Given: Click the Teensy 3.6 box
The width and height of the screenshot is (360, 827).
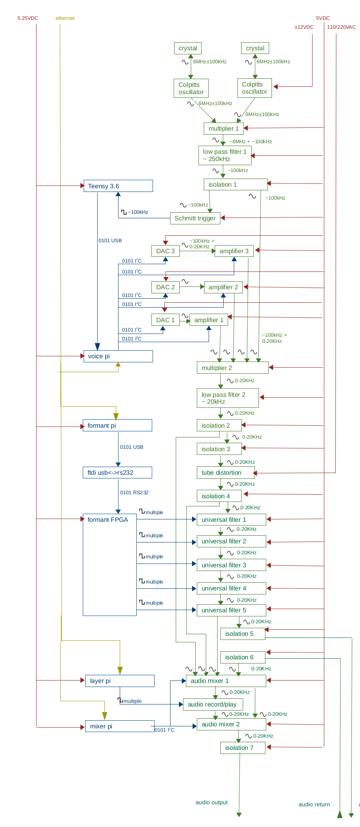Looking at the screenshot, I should point(118,186).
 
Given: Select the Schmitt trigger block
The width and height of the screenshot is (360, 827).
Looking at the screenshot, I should point(195,218).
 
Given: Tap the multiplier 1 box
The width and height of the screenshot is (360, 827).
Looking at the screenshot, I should point(223,129).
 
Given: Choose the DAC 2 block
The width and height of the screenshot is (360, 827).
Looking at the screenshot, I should point(165,287).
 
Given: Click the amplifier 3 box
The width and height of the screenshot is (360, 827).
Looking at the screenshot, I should point(234,251).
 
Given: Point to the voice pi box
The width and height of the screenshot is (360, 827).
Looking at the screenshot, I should point(118,356).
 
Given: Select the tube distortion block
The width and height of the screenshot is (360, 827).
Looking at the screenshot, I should point(225,473).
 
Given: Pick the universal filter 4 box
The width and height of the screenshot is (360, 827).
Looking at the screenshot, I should point(231,588).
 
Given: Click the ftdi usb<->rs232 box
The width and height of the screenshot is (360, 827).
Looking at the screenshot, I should point(117,473).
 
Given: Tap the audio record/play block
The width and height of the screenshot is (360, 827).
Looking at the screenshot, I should point(213,704).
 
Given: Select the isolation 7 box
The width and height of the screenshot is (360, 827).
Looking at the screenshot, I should point(243,748).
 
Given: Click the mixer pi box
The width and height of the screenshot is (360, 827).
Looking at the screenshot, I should point(119,726).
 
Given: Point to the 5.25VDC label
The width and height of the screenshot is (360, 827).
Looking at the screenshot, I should point(28,18).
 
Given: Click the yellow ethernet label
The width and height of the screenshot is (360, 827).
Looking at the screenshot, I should point(65,18).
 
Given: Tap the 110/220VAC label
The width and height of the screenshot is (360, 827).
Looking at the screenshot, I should point(341,27).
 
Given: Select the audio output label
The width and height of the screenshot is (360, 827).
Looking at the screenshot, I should point(211,802).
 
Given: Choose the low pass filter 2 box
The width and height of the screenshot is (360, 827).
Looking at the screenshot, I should point(227,398).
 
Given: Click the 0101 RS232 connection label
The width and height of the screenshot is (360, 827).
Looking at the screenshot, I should point(134,493).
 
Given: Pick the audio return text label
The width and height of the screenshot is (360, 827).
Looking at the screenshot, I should point(314,804).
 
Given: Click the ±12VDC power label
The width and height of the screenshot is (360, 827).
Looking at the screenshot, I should point(304,27).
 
